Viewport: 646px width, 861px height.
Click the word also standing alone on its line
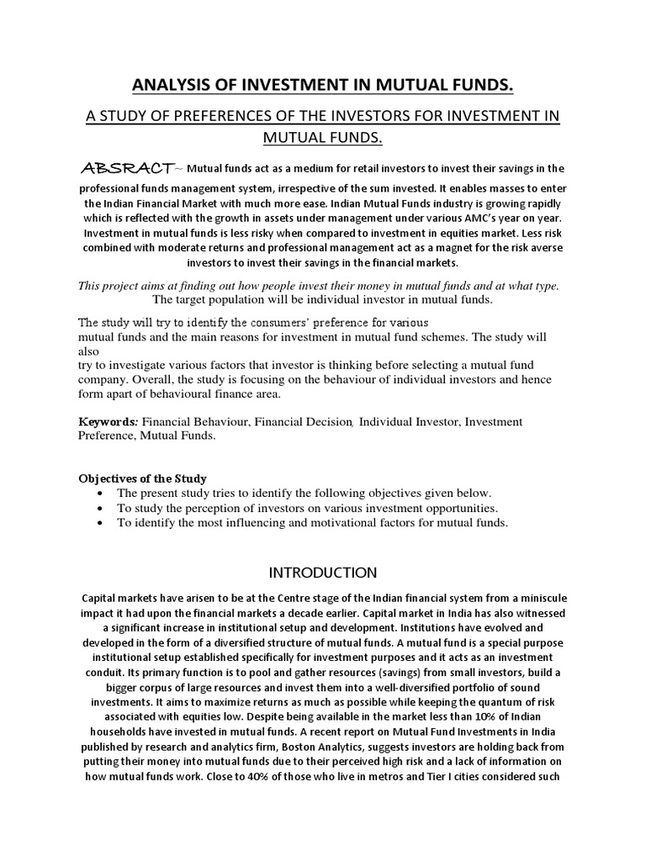point(88,351)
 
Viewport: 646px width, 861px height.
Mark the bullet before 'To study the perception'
point(102,509)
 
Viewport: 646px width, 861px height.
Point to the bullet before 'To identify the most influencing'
point(102,523)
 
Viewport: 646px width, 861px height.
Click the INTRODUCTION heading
point(322,573)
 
